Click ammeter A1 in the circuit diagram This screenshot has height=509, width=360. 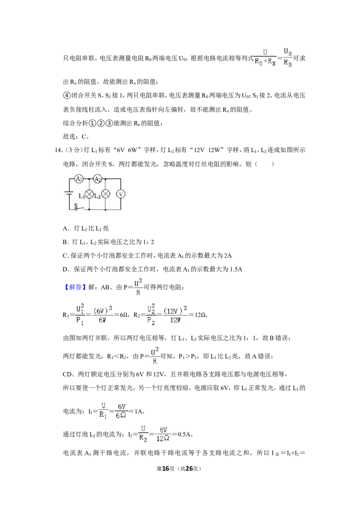pyautogui.click(x=79, y=179)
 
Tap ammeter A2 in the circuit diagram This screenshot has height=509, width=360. pyautogui.click(x=98, y=179)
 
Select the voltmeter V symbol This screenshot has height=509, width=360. pyautogui.click(x=121, y=194)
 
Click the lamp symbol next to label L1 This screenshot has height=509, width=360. pyautogui.click(x=89, y=194)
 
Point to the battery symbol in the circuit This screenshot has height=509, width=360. pyautogui.click(x=69, y=194)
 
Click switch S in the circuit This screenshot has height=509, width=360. pyautogui.click(x=78, y=207)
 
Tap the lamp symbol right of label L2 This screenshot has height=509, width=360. pyautogui.click(x=106, y=194)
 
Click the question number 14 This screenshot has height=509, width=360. pyautogui.click(x=58, y=150)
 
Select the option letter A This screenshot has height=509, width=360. pyautogui.click(x=65, y=228)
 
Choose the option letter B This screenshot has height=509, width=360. pyautogui.click(x=65, y=242)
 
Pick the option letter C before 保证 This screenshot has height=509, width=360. pyautogui.click(x=65, y=256)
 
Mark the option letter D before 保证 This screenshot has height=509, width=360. pyautogui.click(x=65, y=269)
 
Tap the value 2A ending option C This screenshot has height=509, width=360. pyautogui.click(x=228, y=256)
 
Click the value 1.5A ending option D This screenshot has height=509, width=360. pyautogui.click(x=236, y=269)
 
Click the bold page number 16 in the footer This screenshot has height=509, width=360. pyautogui.click(x=166, y=469)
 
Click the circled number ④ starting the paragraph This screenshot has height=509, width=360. pyautogui.click(x=66, y=95)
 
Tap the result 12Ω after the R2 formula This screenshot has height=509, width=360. pyautogui.click(x=199, y=315)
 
